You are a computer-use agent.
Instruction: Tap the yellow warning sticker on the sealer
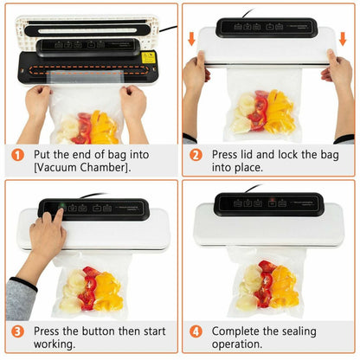click(x=148, y=57)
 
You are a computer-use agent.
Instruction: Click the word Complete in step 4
click(x=239, y=331)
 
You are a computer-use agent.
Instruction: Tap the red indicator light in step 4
click(x=272, y=203)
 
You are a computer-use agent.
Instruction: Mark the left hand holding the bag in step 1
click(x=38, y=102)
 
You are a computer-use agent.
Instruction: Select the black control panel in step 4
click(x=269, y=204)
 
